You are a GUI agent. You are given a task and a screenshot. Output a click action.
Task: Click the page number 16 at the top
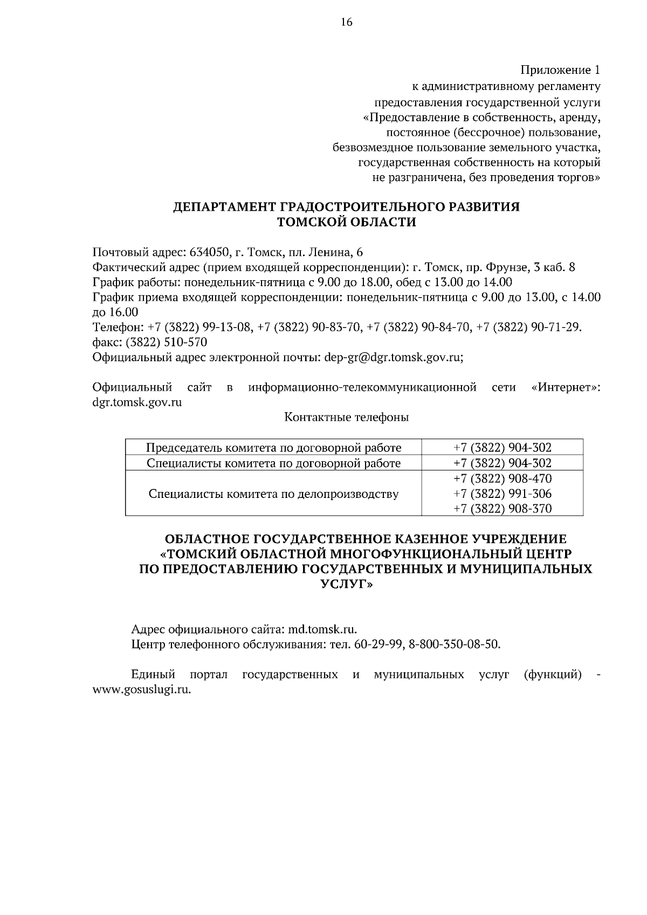tap(346, 22)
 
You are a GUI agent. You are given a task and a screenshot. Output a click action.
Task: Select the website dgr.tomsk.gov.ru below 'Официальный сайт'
tap(137, 402)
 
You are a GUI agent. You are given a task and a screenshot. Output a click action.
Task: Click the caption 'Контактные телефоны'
tap(346, 417)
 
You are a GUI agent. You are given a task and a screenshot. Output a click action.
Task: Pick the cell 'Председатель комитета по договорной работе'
tap(274, 447)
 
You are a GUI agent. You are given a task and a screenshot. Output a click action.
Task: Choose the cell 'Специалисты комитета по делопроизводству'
tap(274, 493)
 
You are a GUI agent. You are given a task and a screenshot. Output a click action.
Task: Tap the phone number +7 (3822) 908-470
tap(503, 479)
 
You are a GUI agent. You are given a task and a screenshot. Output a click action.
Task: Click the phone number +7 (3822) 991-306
tap(503, 493)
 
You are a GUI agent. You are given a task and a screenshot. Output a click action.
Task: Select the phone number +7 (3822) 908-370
tap(503, 508)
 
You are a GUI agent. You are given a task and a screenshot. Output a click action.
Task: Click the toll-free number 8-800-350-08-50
tap(454, 644)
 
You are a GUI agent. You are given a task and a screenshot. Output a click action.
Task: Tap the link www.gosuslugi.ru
tap(142, 690)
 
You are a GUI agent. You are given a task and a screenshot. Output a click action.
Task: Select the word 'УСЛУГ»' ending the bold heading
tap(346, 584)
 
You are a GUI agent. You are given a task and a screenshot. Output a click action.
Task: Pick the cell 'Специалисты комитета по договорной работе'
tap(274, 463)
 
